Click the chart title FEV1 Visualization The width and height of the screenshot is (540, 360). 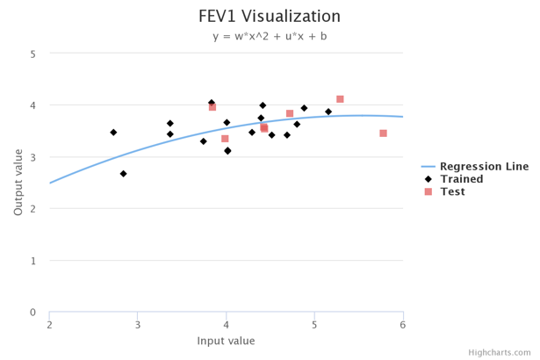270,17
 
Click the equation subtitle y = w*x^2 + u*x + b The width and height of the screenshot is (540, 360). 270,37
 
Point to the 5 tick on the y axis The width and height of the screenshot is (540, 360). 32,54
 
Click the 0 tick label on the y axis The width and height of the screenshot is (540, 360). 32,313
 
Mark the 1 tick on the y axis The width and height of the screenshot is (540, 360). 32,261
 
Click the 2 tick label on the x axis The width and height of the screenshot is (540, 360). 49,326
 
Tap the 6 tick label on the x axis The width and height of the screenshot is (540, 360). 403,326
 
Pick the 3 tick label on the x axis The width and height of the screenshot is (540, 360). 138,326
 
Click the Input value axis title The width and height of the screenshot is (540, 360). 226,341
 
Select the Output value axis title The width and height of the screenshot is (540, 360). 18,183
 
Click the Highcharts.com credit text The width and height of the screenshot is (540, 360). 499,352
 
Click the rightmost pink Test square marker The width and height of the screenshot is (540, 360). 384,133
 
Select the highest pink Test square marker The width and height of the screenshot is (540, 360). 340,99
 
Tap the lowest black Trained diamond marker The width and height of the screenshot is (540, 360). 124,174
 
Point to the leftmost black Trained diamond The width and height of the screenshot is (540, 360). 113,133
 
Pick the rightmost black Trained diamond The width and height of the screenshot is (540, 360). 328,112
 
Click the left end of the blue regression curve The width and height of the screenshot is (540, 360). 50,183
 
